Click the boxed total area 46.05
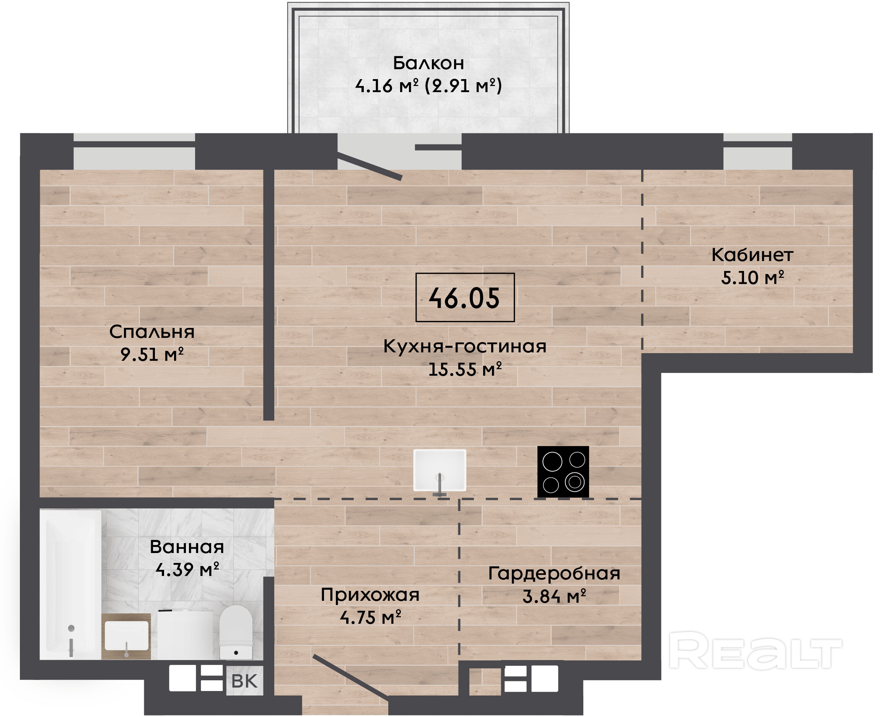[x=465, y=298]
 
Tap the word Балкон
[x=428, y=63]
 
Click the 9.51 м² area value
[x=152, y=354]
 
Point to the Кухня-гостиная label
[x=465, y=346]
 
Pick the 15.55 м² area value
[x=465, y=369]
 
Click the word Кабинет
[x=752, y=255]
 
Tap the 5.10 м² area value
[x=752, y=277]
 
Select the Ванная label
[x=187, y=547]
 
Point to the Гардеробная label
[x=554, y=574]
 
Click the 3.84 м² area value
[x=554, y=596]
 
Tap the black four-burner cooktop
[x=563, y=472]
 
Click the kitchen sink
[x=440, y=471]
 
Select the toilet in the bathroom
[x=236, y=632]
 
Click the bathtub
[x=71, y=585]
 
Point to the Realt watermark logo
[x=755, y=650]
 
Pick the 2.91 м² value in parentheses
[x=463, y=86]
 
